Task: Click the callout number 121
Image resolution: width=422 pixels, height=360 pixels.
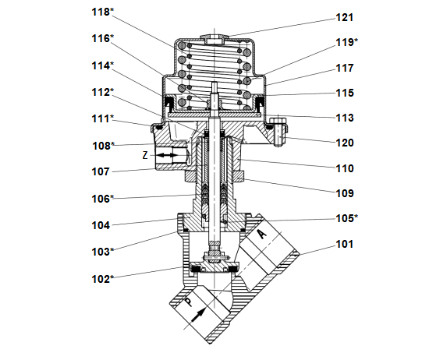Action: (345, 18)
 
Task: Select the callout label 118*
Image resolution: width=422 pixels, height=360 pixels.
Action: (103, 12)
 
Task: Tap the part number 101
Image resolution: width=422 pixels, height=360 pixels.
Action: (345, 245)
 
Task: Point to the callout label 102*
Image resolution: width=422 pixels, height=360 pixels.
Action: (103, 279)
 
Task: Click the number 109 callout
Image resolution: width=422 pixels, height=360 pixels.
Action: (345, 193)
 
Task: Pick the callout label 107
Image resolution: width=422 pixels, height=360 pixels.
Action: (101, 171)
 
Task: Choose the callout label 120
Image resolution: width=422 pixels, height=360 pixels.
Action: (345, 143)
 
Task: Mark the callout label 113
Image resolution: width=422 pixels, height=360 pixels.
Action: (345, 118)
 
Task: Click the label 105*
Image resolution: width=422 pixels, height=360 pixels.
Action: (347, 218)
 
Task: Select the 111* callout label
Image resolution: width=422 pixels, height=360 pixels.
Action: (103, 119)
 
